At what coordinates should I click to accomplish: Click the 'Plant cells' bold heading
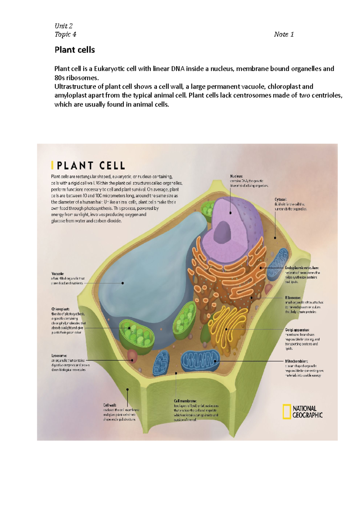(75, 50)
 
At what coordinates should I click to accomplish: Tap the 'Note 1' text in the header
(283, 34)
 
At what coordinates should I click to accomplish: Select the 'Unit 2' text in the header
(63, 26)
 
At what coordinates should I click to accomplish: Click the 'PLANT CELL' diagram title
(91, 166)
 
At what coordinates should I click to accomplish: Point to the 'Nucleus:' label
(236, 176)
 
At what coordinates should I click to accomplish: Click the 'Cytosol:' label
(280, 199)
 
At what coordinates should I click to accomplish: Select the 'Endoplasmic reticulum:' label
(302, 268)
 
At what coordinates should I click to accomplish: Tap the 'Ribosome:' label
(292, 298)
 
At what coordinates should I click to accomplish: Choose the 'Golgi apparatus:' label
(297, 330)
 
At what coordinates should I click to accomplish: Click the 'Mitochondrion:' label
(296, 361)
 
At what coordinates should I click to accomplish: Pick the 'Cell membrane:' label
(185, 401)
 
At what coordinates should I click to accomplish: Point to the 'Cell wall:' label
(110, 405)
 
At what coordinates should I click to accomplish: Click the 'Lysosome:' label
(59, 356)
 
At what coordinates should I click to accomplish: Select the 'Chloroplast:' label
(60, 309)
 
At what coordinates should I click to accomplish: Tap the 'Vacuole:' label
(58, 274)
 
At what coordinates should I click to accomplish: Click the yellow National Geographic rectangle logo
(286, 412)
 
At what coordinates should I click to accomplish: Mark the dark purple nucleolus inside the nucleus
(222, 232)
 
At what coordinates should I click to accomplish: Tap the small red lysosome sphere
(132, 356)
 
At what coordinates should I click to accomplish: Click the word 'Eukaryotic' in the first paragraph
(109, 69)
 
